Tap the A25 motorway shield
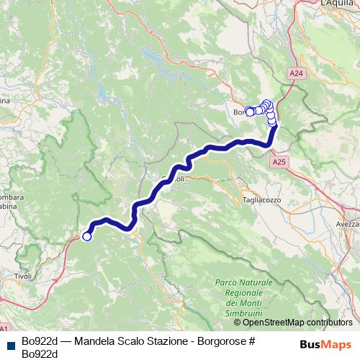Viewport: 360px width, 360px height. pos(279,163)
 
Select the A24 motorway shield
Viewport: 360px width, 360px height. pos(296,73)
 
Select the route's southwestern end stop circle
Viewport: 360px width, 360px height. pos(87,236)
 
